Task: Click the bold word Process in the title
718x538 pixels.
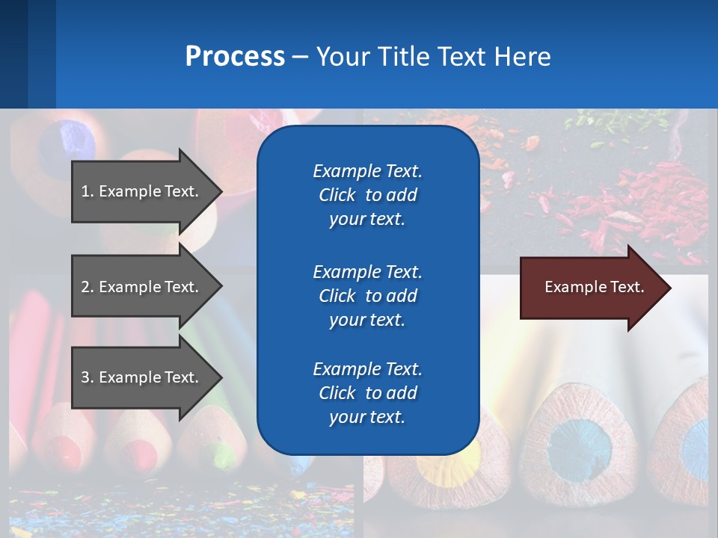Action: pos(235,57)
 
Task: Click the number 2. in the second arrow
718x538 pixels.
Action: pos(88,287)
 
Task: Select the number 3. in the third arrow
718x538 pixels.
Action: pos(88,377)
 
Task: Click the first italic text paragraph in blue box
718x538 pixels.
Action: pos(367,195)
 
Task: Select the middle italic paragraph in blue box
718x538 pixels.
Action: pos(367,295)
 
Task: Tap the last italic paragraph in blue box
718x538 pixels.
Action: pos(367,393)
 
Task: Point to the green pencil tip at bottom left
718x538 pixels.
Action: pos(225,453)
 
